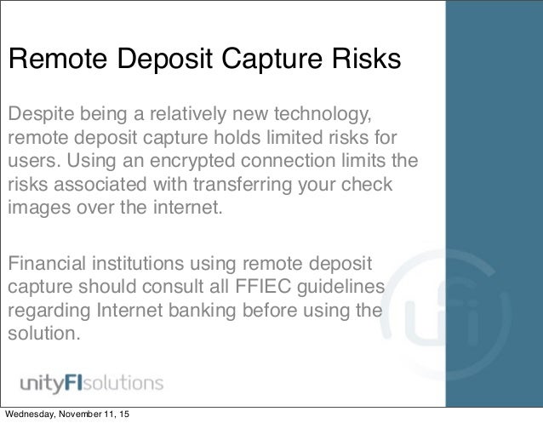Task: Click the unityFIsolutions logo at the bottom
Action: tap(85, 380)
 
